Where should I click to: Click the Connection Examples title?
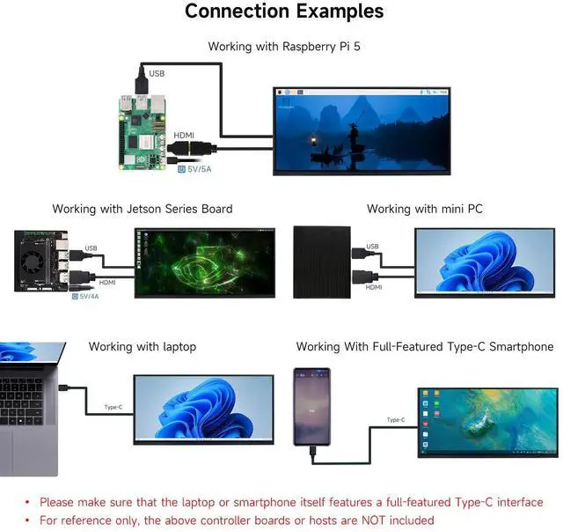(x=284, y=11)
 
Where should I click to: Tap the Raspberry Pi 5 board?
(x=143, y=132)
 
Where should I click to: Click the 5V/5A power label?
(x=194, y=169)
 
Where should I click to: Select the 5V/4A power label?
(x=85, y=296)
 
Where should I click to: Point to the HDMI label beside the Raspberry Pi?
(x=184, y=135)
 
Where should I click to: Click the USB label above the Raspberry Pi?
(x=157, y=73)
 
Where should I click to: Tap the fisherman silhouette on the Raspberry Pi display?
(x=355, y=137)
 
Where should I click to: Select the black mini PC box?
(x=322, y=262)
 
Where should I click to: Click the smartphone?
(x=311, y=407)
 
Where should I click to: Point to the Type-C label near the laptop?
(x=113, y=407)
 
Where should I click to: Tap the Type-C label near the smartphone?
(x=396, y=420)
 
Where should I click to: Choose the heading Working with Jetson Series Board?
(x=143, y=209)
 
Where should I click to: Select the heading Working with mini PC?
(x=425, y=209)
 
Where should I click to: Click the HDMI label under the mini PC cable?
(x=373, y=287)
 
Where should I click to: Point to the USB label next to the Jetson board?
(x=91, y=248)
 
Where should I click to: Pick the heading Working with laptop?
(x=143, y=346)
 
